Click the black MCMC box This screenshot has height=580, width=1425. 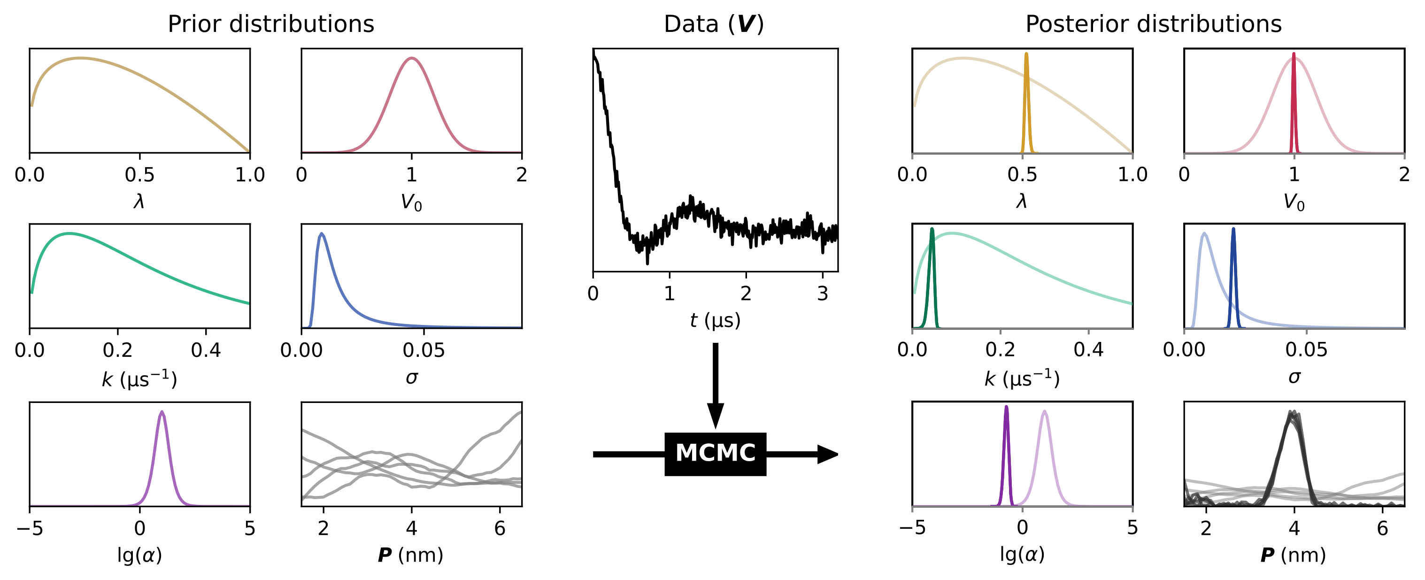coord(715,454)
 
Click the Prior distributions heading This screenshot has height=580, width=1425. coord(270,24)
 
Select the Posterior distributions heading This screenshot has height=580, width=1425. coord(1154,24)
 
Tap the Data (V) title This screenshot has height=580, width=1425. coord(714,24)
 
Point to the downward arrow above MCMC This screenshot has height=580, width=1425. coord(715,387)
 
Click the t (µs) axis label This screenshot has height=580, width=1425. coord(715,320)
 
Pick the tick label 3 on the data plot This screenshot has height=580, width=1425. coord(823,294)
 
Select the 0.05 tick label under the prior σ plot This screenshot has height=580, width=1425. coord(424,350)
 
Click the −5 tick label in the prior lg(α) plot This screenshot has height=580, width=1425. coord(30,528)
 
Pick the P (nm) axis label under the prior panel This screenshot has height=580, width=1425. coord(410,555)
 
